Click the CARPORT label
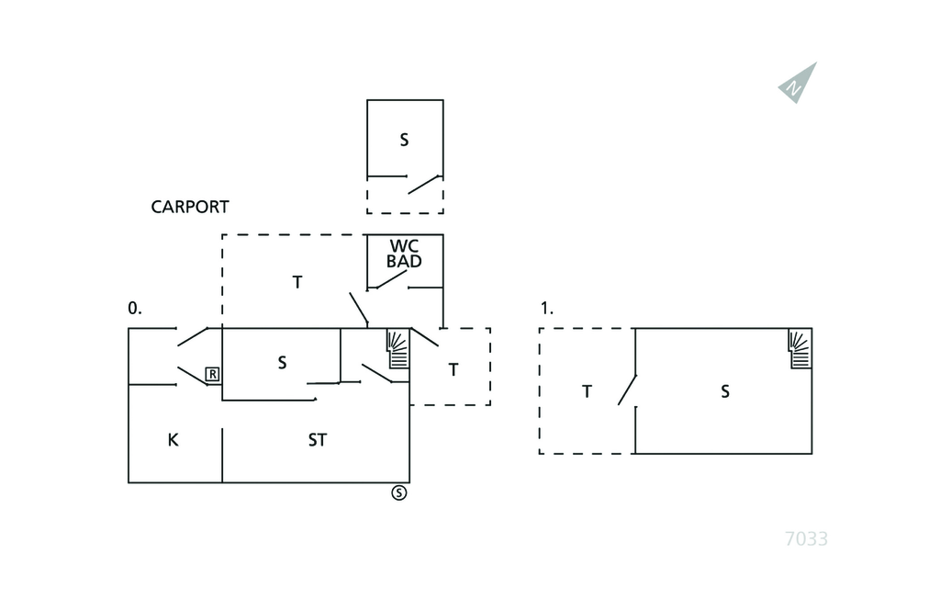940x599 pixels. point(190,208)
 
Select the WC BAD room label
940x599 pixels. point(404,254)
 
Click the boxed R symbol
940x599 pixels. point(212,374)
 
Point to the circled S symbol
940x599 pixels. point(399,492)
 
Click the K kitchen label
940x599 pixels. point(173,440)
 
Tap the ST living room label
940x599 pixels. point(317,440)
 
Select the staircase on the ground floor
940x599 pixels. point(397,349)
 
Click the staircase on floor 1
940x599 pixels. point(800,349)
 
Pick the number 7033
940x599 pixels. point(806,539)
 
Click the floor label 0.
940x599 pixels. point(135,309)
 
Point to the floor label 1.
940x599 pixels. point(547,309)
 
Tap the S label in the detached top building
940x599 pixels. point(404,141)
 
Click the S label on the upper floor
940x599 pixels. point(725,392)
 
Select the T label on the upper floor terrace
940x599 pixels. point(587,392)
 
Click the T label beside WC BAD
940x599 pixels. point(297,283)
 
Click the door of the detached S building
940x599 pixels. point(424,184)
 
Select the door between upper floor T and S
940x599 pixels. point(628,389)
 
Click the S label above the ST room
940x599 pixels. point(282,363)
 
